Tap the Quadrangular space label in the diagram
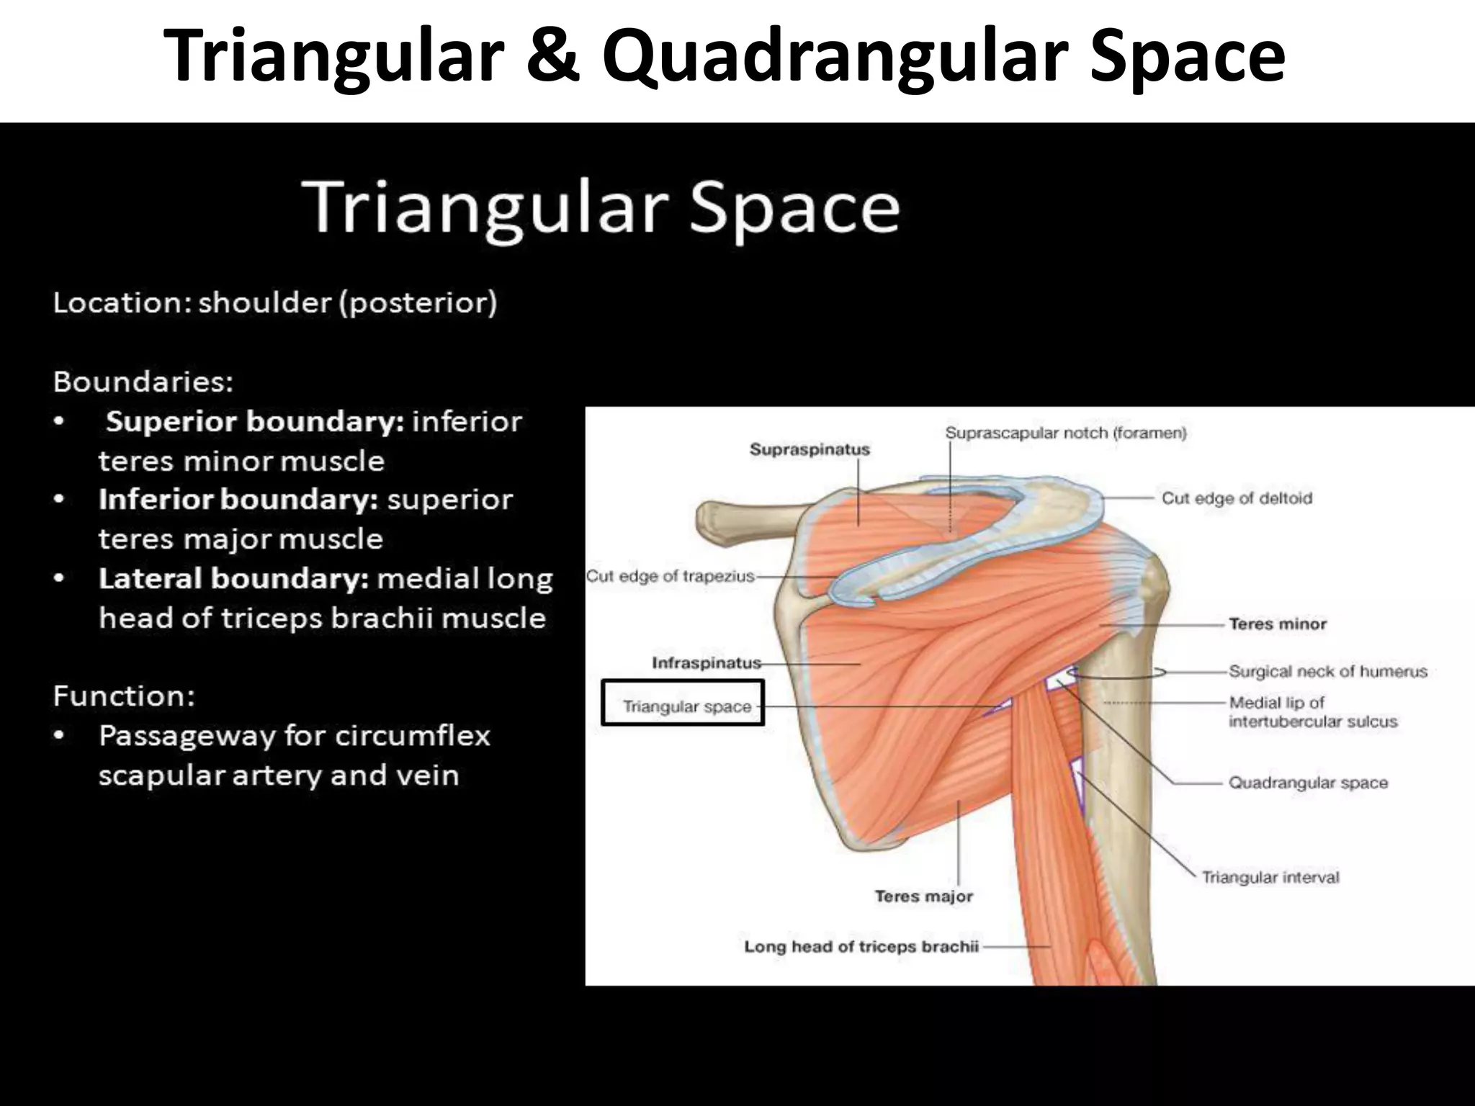click(1308, 783)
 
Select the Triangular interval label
click(1270, 877)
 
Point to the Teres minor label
click(1277, 624)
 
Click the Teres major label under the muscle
click(923, 896)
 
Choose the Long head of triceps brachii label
click(861, 946)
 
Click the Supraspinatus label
click(810, 449)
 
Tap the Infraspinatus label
click(706, 662)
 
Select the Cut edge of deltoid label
click(1237, 498)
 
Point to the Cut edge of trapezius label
click(670, 576)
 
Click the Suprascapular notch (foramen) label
click(1065, 433)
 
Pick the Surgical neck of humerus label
click(1327, 671)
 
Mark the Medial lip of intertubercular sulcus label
click(1312, 711)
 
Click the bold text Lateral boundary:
click(233, 579)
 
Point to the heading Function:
click(124, 696)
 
